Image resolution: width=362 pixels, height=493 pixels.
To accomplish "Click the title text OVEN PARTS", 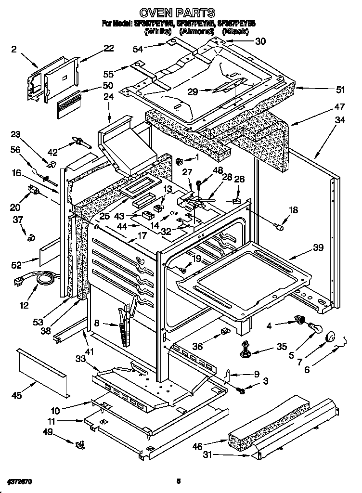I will coord(177,12).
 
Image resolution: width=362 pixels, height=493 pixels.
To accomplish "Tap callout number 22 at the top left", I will coord(108,48).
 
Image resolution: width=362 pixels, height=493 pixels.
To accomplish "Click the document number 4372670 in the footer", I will coord(20,481).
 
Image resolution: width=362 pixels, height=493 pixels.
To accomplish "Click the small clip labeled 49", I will coord(77,443).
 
